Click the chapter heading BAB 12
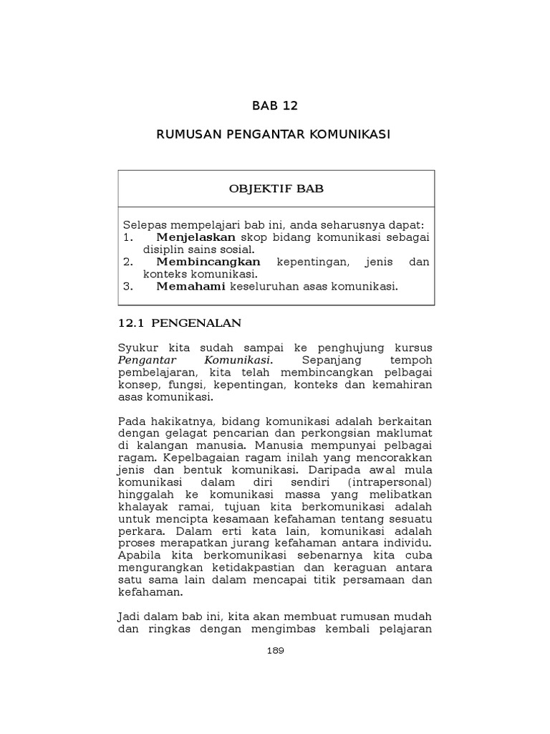coord(274,106)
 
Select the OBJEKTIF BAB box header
coord(276,189)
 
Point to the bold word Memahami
coord(190,287)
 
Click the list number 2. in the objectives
coord(128,262)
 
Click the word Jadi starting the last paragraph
coord(129,617)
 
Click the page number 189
coord(275,651)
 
